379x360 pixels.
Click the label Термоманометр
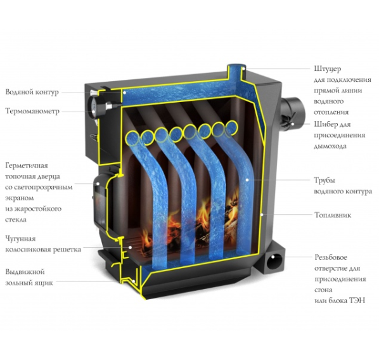pyautogui.click(x=32, y=112)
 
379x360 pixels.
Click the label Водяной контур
pyautogui.click(x=32, y=92)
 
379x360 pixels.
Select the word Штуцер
pyautogui.click(x=328, y=69)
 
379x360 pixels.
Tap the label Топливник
pyautogui.click(x=333, y=215)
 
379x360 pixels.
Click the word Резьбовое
pyautogui.click(x=331, y=257)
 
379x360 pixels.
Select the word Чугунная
pyautogui.click(x=20, y=239)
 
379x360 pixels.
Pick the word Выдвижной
pyautogui.click(x=25, y=272)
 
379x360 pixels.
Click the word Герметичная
pyautogui.click(x=27, y=166)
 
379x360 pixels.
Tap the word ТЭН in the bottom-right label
pyautogui.click(x=357, y=300)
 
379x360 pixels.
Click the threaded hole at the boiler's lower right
pyautogui.click(x=274, y=262)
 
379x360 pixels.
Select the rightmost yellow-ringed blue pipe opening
pyautogui.click(x=232, y=127)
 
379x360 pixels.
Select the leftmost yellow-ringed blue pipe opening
pyautogui.click(x=132, y=138)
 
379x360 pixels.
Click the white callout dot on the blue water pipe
pyautogui.click(x=247, y=180)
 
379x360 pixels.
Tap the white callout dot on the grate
pyautogui.click(x=130, y=247)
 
